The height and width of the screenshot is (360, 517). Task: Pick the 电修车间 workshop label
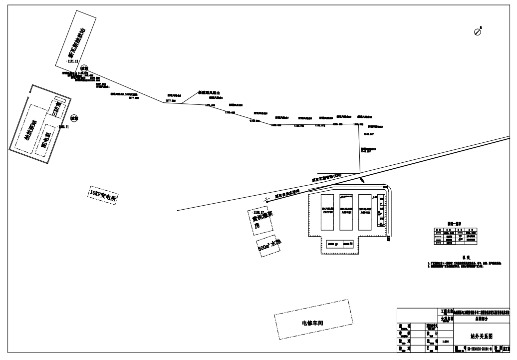313,323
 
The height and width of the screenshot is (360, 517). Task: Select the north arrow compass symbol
478,31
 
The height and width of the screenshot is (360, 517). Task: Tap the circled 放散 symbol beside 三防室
74,118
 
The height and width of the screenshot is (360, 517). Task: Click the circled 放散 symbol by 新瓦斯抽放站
84,68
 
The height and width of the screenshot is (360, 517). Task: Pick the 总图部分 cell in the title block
475,318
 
